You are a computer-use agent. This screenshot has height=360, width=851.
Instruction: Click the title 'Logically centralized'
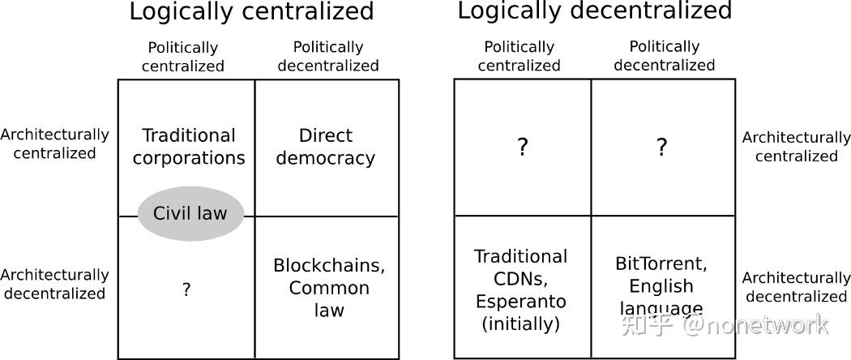point(251,11)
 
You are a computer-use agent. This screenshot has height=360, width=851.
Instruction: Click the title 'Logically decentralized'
point(595,11)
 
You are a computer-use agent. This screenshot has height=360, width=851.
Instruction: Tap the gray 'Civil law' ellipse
point(190,213)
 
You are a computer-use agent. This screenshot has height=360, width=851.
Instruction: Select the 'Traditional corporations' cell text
point(189,147)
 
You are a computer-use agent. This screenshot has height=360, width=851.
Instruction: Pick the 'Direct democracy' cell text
point(326,147)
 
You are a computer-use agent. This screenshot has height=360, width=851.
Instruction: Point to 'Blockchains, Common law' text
point(329,288)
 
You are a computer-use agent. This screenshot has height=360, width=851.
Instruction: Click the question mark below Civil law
point(186,290)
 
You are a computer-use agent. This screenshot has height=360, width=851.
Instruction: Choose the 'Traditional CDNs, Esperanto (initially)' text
point(521,290)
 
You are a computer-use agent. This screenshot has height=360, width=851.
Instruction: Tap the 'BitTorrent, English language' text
point(661,286)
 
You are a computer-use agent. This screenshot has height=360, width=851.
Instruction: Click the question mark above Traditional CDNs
point(522,147)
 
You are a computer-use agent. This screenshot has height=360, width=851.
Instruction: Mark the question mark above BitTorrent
point(661,147)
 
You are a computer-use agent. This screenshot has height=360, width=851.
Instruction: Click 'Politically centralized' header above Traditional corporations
point(183,57)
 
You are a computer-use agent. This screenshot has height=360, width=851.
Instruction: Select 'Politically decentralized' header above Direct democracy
point(327,57)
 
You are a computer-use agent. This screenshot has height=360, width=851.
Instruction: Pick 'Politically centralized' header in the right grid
point(519,57)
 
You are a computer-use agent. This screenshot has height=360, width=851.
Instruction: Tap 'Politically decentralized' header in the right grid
point(665,56)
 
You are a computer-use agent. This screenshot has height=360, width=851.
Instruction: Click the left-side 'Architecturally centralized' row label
point(54,144)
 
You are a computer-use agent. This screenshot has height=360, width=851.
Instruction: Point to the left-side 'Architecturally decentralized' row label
point(54,284)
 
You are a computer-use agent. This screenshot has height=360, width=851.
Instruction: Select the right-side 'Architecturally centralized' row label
point(796,147)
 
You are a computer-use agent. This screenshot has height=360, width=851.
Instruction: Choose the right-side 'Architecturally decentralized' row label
point(796,287)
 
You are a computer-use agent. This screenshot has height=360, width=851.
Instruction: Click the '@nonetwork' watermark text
point(755,325)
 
